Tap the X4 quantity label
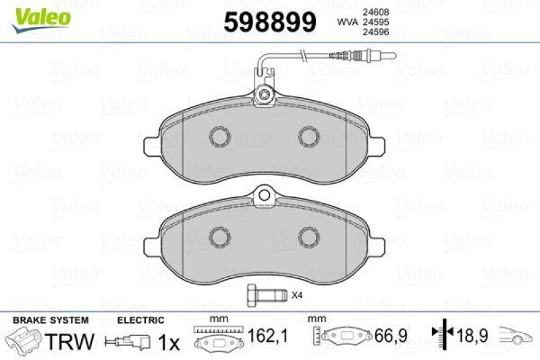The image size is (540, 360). coord(296,294)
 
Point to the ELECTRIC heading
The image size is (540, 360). coord(140,319)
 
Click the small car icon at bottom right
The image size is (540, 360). coord(516,335)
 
